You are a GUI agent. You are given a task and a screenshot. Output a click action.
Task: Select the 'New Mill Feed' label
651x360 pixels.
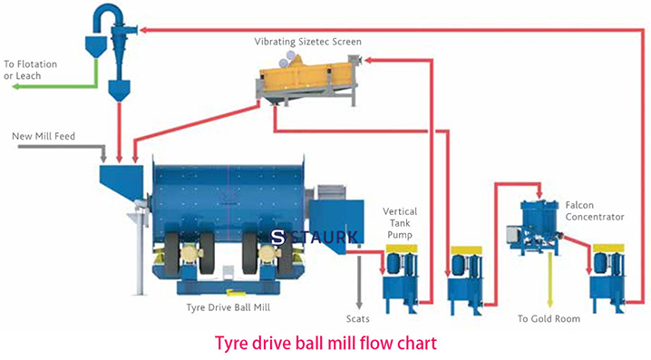pyautogui.click(x=44, y=136)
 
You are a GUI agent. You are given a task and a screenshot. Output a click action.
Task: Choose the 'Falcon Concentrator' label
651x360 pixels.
pyautogui.click(x=594, y=211)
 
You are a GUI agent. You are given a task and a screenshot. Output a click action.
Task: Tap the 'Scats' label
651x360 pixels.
pyautogui.click(x=358, y=318)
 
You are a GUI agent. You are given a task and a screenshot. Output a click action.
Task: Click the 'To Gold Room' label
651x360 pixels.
pyautogui.click(x=548, y=318)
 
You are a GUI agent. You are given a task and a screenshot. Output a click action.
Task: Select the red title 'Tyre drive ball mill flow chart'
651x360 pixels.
pyautogui.click(x=325, y=344)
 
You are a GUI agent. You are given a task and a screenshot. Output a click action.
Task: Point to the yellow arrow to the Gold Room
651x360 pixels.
pyautogui.click(x=548, y=281)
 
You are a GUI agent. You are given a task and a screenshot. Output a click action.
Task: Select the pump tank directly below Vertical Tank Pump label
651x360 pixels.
pyautogui.click(x=399, y=277)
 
